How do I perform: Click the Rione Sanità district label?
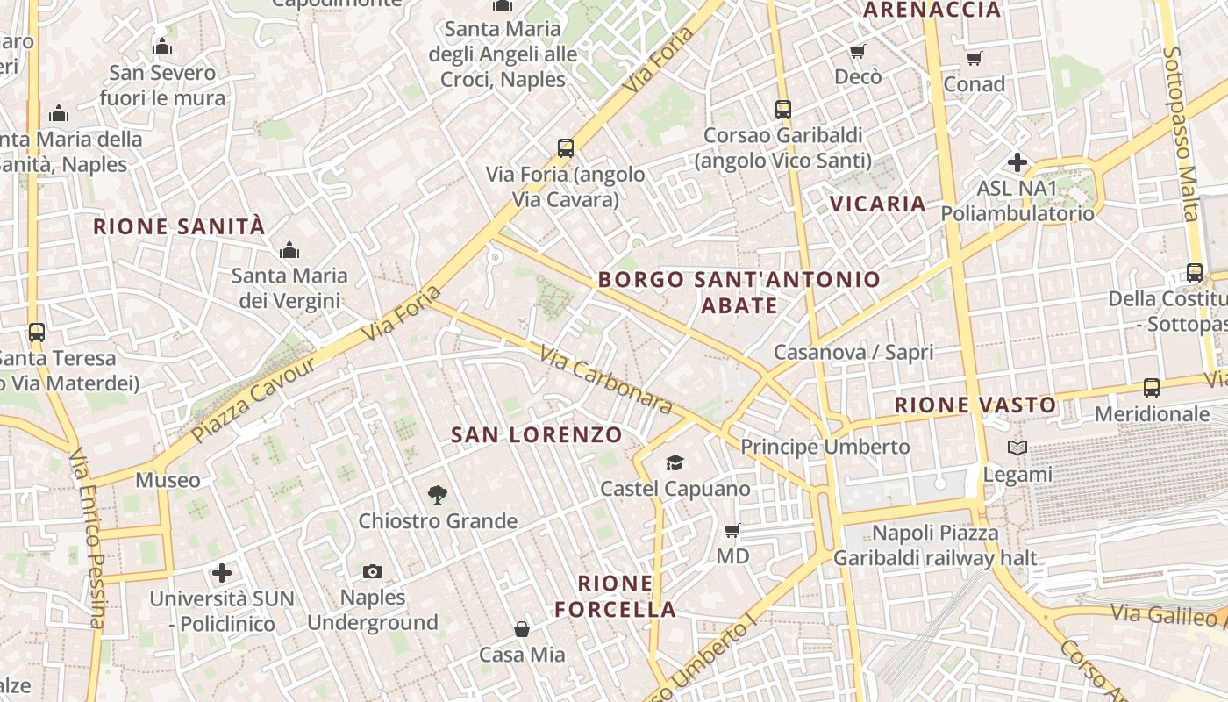pos(179,226)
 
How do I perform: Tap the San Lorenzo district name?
pos(536,434)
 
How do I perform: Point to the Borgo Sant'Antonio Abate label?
pos(739,292)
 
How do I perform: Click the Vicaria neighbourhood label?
pos(878,204)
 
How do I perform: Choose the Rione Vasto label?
pos(975,405)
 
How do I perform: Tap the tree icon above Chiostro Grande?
pos(438,496)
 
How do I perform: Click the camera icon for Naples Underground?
pos(373,572)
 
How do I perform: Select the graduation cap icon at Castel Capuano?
pos(675,462)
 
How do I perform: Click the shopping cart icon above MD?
pos(732,530)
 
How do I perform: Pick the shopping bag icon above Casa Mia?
pos(522,629)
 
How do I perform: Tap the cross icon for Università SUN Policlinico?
pos(222,573)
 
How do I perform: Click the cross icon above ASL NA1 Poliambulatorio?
pos(1017,162)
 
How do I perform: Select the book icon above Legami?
pos(1017,448)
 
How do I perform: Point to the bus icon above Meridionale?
pos(1152,387)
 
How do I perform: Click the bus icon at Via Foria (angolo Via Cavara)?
pos(566,147)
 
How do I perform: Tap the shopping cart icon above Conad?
pos(974,58)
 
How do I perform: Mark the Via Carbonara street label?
pos(605,379)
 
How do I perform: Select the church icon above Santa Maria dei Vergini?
pos(289,250)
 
